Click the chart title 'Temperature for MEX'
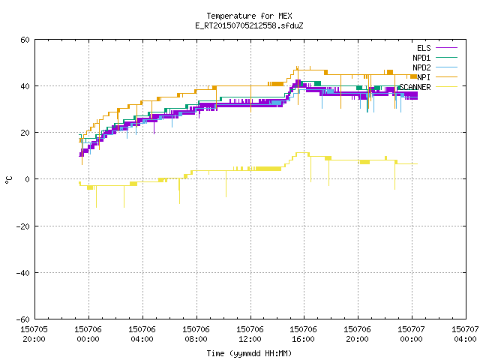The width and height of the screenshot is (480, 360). (x=249, y=16)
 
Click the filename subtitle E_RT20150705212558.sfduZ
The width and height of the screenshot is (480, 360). (x=249, y=25)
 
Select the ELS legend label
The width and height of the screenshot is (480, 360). (x=424, y=48)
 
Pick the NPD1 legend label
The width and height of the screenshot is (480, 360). (x=421, y=58)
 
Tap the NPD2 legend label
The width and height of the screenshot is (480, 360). (x=421, y=67)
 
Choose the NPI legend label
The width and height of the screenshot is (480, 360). (x=424, y=77)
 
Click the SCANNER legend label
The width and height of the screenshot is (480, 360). (x=415, y=87)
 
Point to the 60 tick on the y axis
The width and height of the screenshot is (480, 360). (x=25, y=40)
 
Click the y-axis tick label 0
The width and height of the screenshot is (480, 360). (x=28, y=179)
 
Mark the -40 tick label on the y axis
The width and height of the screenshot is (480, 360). (x=23, y=273)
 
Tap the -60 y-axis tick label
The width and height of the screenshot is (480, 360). (x=23, y=319)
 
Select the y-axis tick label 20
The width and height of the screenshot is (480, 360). (x=25, y=133)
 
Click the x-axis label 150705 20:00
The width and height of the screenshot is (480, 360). (x=34, y=334)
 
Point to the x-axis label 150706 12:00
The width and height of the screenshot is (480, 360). (x=250, y=334)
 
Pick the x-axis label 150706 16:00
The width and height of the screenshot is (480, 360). (x=304, y=334)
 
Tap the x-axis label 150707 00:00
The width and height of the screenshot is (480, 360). (x=412, y=334)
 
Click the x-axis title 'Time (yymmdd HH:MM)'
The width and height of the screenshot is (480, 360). (x=249, y=353)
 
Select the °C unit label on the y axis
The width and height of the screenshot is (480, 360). (x=9, y=180)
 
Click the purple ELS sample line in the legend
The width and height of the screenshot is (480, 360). (x=447, y=48)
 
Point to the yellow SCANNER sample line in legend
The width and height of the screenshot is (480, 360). (x=447, y=87)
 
